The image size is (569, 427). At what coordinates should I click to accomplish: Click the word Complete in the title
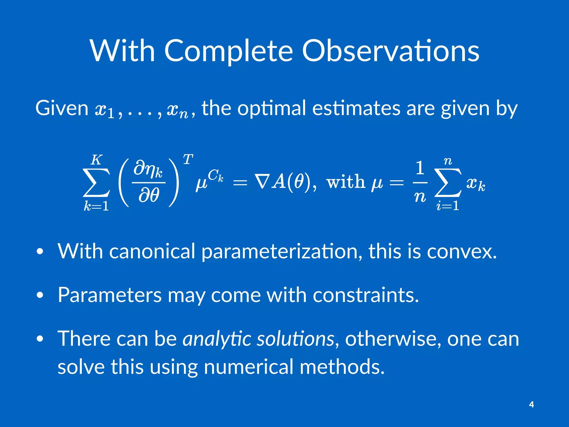[x=228, y=51]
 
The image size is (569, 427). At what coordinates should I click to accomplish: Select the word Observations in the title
[x=390, y=51]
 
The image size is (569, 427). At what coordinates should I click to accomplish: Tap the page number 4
[x=531, y=404]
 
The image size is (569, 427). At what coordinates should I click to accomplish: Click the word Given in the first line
[x=62, y=108]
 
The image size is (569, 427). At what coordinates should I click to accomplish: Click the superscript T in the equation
[x=188, y=160]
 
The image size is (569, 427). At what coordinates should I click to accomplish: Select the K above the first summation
[x=96, y=160]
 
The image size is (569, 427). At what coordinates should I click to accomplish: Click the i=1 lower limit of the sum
[x=448, y=206]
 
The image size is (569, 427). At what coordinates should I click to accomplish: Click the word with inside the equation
[x=345, y=182]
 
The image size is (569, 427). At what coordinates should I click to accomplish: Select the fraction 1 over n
[x=420, y=182]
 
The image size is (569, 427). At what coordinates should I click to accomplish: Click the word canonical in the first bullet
[x=152, y=251]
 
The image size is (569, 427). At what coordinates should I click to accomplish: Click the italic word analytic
[x=216, y=339]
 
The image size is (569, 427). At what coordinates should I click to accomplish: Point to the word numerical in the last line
[x=248, y=367]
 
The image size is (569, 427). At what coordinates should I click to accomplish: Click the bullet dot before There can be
[x=40, y=339]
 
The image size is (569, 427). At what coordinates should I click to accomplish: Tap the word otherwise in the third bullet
[x=393, y=339]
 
